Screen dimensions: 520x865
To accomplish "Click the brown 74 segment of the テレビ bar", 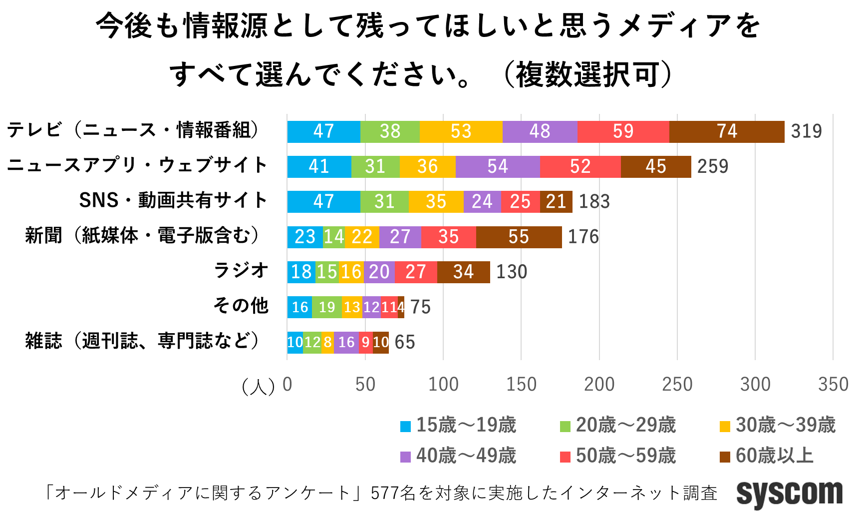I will [x=727, y=131].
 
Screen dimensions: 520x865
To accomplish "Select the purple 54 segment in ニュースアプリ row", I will [x=498, y=166].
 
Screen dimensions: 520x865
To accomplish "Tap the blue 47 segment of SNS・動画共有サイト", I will [x=323, y=201].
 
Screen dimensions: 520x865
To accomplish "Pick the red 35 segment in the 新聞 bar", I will [x=448, y=237].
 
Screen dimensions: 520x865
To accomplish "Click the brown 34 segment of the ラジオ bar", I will [x=463, y=272].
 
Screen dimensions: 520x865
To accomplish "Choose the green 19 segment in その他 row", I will [x=327, y=307].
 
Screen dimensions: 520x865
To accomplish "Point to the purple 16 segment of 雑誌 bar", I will [x=346, y=342].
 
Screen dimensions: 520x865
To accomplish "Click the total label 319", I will [x=806, y=131].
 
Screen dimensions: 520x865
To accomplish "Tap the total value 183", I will [x=594, y=201].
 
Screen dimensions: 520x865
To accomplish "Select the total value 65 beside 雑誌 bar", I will [x=404, y=342].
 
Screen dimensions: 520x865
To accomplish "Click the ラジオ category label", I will [x=241, y=270].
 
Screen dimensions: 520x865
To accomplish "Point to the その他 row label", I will [x=241, y=305].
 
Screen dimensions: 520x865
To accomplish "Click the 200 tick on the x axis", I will [x=599, y=384].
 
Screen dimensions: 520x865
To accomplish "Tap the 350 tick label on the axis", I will [x=833, y=384].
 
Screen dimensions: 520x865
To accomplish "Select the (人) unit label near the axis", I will [x=258, y=386].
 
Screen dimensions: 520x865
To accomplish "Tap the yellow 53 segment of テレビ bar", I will [x=461, y=131].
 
